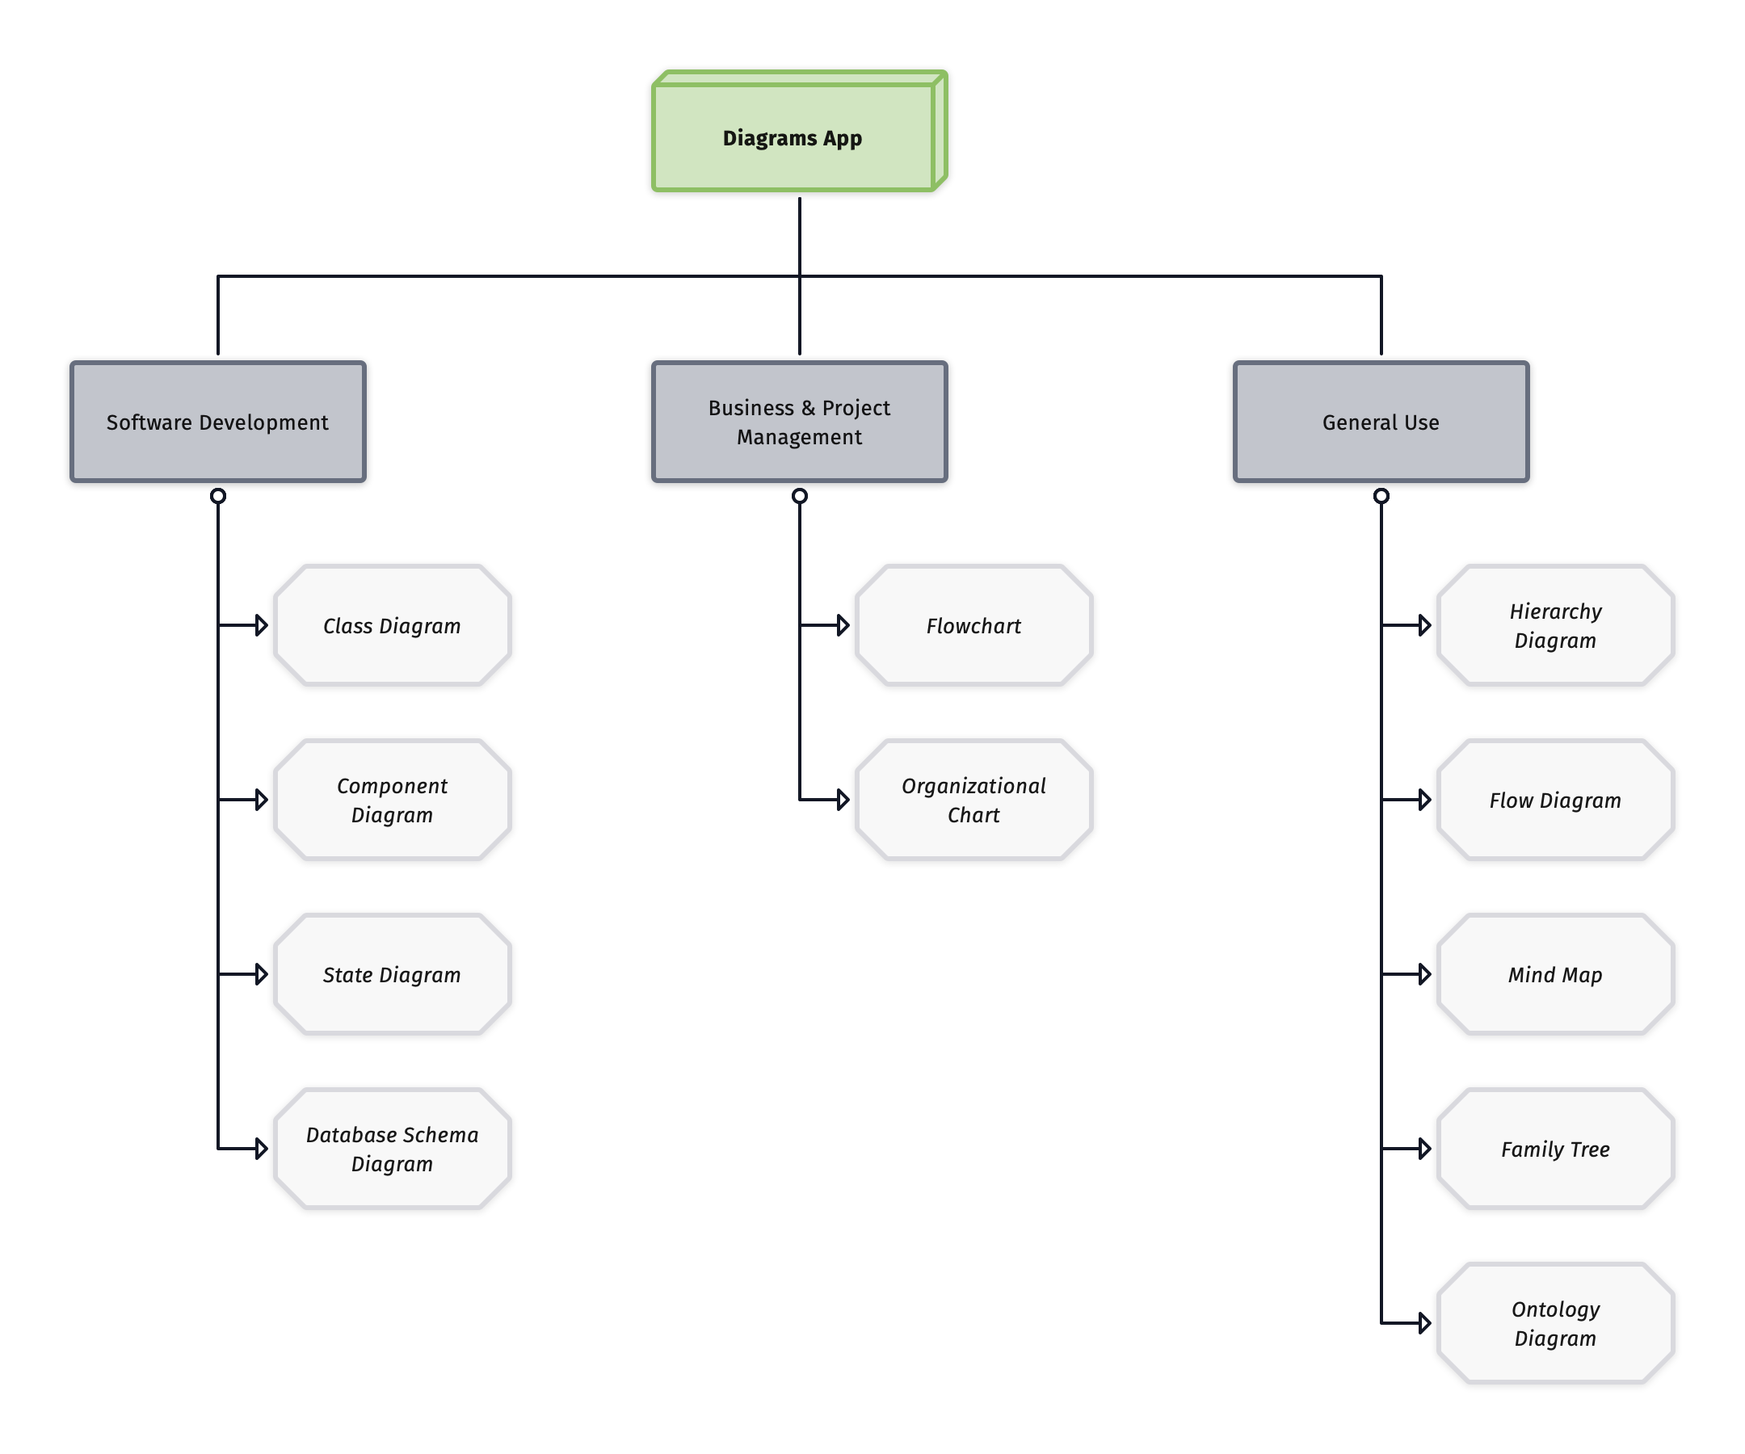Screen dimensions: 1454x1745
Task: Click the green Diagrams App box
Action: (793, 137)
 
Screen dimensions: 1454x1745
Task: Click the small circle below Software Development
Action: (217, 496)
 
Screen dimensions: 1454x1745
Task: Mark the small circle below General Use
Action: (1381, 496)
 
